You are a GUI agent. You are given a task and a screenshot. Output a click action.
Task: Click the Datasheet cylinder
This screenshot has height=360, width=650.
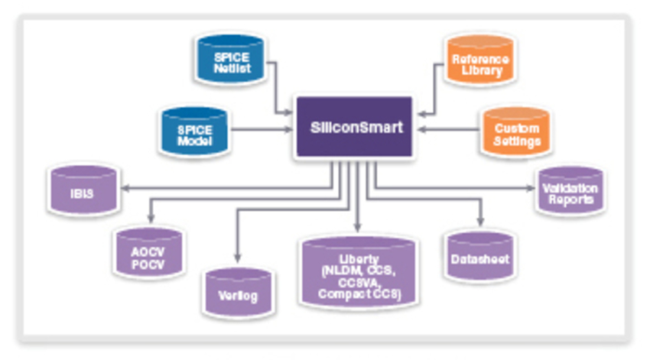pos(478,258)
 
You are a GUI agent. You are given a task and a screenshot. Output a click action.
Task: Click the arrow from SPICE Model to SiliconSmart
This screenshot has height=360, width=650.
pos(260,128)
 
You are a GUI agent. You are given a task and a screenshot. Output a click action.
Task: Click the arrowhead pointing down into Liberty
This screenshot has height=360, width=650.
pos(357,227)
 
